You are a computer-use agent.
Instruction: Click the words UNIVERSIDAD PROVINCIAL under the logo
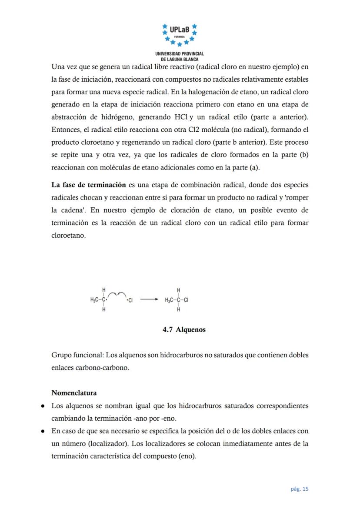click(180, 53)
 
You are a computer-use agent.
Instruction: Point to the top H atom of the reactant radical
click(103, 289)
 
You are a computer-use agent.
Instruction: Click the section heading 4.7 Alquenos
click(184, 329)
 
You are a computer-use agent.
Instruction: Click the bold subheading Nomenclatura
click(74, 393)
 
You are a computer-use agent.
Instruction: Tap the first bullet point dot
click(43, 406)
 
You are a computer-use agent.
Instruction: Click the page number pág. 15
click(299, 489)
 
